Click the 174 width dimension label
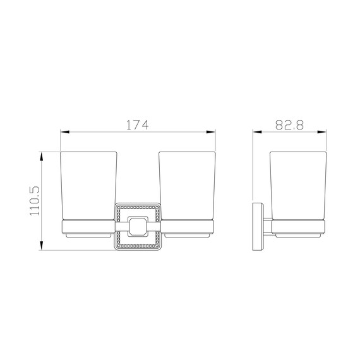tap(138, 124)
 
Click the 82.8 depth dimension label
tap(289, 125)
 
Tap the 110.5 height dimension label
tap(35, 201)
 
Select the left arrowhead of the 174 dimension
tap(64, 132)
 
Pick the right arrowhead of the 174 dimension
tap(211, 132)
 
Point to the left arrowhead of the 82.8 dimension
tap(257, 132)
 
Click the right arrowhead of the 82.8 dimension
tap(321, 132)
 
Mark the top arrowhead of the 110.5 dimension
tap(41, 157)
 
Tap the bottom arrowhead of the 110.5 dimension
tap(41, 246)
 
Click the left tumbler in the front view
tap(88, 186)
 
